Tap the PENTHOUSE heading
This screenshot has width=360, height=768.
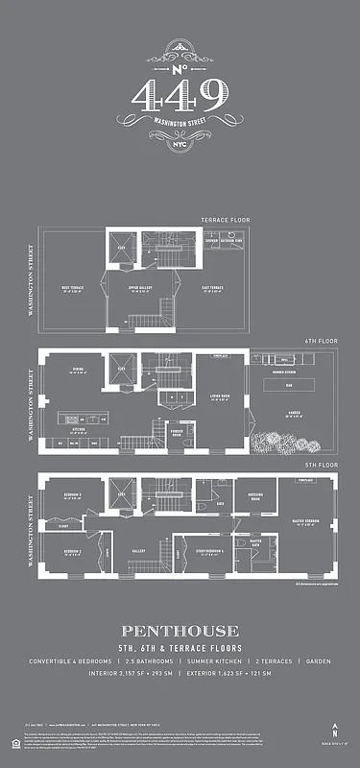180,631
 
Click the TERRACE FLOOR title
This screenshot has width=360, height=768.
225,220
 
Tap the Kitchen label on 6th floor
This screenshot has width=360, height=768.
81,429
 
